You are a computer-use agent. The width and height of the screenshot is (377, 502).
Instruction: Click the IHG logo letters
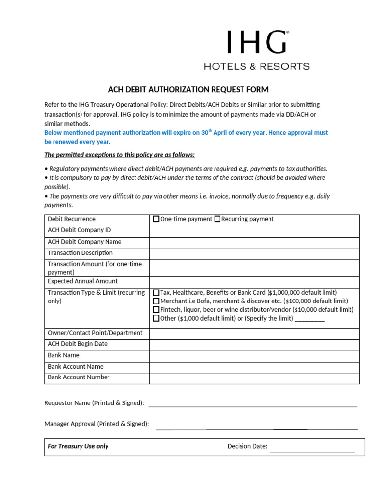tap(257, 42)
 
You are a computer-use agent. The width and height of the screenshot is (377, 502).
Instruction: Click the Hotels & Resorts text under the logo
tap(257, 66)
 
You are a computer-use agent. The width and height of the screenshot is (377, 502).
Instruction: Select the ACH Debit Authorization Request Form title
tap(188, 89)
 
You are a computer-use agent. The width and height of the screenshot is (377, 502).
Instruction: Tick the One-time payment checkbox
tap(156, 219)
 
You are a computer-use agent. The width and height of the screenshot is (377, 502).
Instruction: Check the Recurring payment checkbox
tap(217, 219)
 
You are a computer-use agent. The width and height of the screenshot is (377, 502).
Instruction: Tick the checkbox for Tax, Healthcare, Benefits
tap(156, 293)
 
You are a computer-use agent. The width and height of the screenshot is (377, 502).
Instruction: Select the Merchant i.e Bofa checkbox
tap(156, 301)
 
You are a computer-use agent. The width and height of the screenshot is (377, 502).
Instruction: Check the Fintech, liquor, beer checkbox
tap(156, 310)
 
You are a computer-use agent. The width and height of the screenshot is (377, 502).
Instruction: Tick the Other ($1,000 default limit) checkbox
tap(156, 318)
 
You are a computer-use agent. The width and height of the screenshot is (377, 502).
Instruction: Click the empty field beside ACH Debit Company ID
tap(254, 230)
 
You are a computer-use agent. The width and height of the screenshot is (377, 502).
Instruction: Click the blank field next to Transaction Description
tap(254, 253)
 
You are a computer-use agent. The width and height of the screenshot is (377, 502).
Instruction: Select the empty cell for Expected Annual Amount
tap(254, 282)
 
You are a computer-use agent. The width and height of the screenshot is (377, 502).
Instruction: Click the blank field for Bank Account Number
tap(254, 378)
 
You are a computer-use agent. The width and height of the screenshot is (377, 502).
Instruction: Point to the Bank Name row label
tap(63, 355)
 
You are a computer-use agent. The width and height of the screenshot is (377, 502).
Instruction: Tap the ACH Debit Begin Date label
tap(77, 344)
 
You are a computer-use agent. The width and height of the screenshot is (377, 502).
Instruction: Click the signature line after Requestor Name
tap(252, 405)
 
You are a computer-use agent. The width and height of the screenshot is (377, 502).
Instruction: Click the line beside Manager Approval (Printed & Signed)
tap(256, 428)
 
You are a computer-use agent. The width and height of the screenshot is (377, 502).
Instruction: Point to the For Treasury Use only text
tap(78, 446)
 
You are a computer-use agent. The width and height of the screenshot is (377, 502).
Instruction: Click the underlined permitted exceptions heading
tap(120, 155)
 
